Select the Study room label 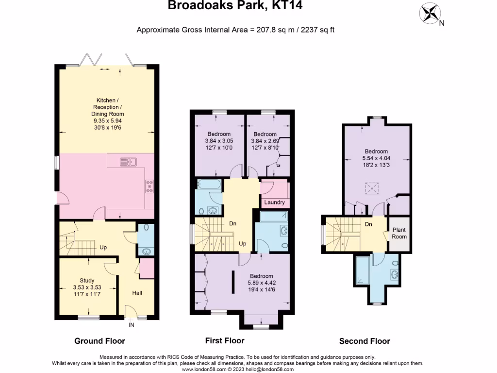coord(87,280)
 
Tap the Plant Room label coord(399,233)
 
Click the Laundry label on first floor coord(275,203)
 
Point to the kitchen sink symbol coord(129,161)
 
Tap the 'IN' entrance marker coord(131,325)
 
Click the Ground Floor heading coord(99,341)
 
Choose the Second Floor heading coord(364,341)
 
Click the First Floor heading coord(225,340)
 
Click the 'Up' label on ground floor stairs coord(103,247)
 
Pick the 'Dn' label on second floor coord(369,224)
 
